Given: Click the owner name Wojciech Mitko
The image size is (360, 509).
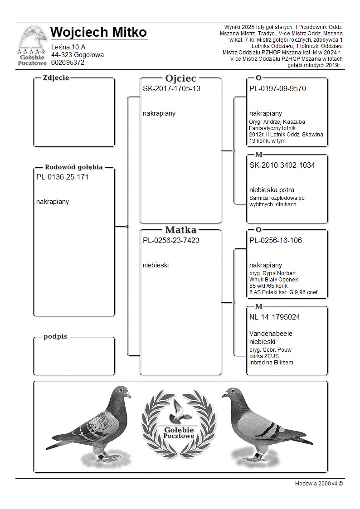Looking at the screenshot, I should coord(98,33).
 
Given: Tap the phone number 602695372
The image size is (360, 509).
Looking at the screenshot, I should coord(68,63).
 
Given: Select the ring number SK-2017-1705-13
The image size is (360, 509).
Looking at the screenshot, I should coord(171,88).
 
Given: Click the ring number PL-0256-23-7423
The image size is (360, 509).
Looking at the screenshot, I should coord(171,240).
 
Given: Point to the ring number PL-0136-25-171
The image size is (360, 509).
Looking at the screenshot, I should coord(62,177).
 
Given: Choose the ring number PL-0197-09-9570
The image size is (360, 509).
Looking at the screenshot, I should coord(277,88).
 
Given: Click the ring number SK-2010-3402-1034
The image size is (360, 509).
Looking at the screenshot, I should coord(282,165).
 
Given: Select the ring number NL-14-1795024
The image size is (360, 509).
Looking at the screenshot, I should coord(275,317).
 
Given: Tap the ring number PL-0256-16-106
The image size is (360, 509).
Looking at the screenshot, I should coord(276,240).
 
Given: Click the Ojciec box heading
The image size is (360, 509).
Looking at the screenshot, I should coord(180,78).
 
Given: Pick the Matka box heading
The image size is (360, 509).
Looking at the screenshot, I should coord(180,230).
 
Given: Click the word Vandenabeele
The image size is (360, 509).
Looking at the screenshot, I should coord(271,334).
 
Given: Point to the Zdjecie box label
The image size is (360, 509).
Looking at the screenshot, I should coord(56,78).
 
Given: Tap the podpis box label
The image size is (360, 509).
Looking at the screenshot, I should coord(55,337).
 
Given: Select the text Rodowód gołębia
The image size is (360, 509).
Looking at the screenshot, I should coord(74,167).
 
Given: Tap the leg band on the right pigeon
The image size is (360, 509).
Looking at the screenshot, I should coord(257,454).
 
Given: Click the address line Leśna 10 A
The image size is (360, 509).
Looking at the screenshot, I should coord(68,47).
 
